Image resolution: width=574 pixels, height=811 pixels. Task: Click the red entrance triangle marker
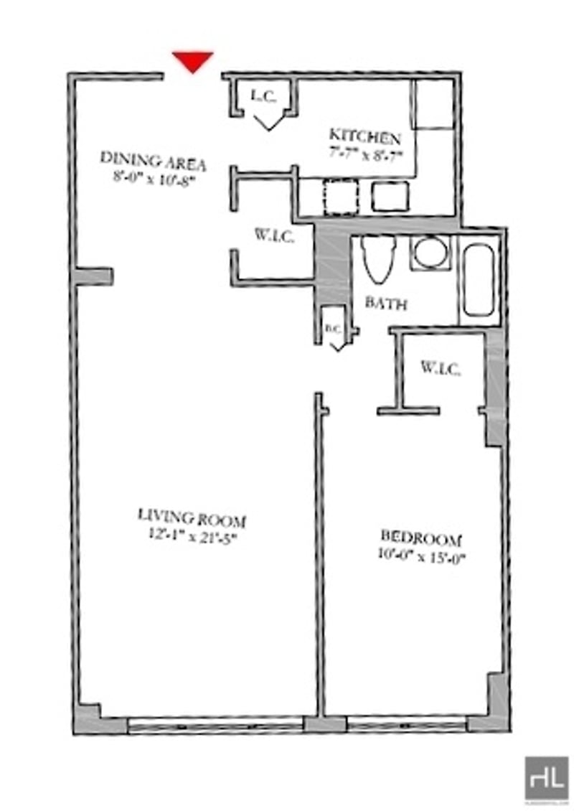pos(193,61)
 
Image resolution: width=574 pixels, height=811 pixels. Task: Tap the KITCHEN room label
pos(364,136)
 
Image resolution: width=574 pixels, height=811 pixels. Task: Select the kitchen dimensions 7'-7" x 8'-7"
pos(367,153)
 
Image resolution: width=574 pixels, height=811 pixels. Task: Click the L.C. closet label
pos(263,95)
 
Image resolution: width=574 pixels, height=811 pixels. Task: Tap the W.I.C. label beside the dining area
pos(274,235)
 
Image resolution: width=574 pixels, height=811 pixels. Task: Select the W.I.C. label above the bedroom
pos(440,370)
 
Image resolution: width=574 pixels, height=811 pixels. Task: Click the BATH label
pos(386,304)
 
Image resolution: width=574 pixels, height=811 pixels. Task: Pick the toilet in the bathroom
pos(377,259)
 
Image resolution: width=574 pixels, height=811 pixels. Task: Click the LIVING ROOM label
pos(192,516)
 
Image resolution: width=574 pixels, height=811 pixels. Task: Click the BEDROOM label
pos(420,538)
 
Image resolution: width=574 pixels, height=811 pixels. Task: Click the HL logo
pos(546,778)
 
